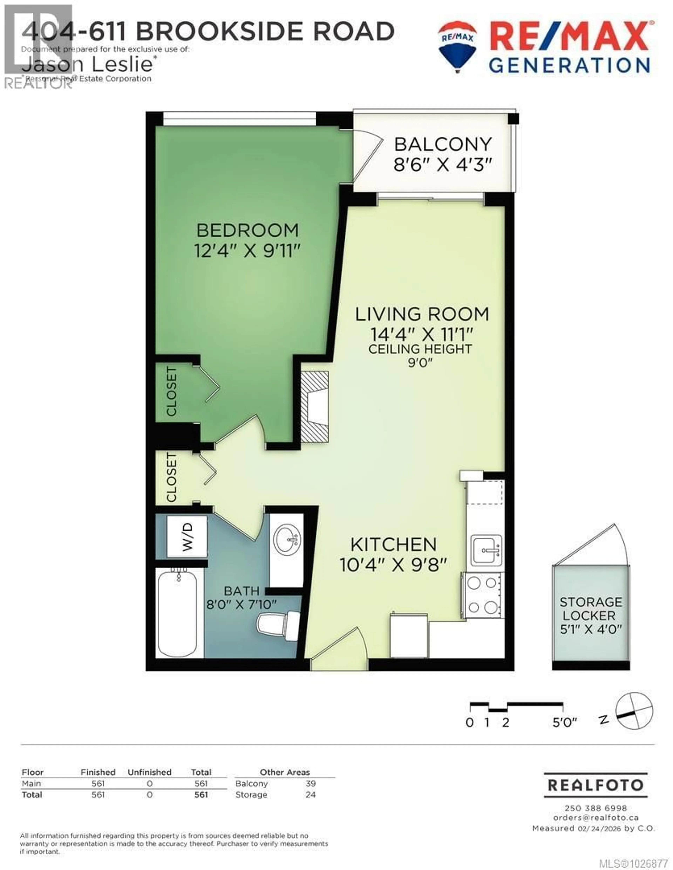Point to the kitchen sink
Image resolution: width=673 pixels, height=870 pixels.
point(486,550)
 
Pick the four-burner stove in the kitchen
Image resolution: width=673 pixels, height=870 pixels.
point(483,595)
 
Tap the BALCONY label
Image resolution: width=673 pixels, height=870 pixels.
point(443,144)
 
